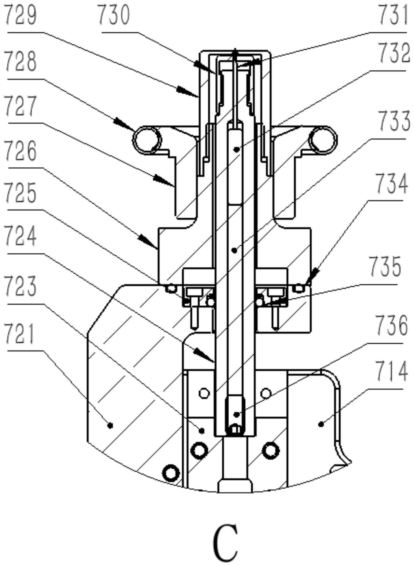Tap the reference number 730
114,15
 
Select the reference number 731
393,15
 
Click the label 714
391,371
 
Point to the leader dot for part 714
321,424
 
